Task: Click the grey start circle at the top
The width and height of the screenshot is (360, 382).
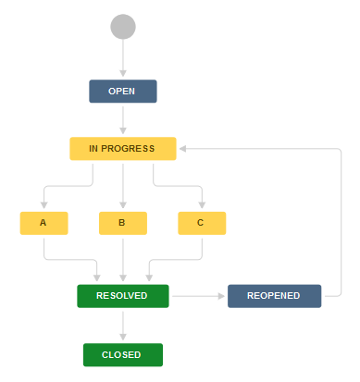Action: [x=123, y=27]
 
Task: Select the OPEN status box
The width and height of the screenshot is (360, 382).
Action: [x=123, y=92]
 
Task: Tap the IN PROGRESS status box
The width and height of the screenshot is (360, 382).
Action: [x=123, y=148]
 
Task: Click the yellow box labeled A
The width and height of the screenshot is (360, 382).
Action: [x=43, y=223]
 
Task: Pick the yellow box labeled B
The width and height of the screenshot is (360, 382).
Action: [x=123, y=223]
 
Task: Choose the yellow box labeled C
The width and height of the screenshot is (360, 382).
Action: [x=202, y=223]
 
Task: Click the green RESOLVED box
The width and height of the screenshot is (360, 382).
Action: [x=123, y=295]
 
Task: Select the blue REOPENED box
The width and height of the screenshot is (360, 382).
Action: [x=274, y=295]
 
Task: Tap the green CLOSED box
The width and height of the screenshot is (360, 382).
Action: [x=123, y=354]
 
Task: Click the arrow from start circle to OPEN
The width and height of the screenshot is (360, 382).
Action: [x=123, y=59]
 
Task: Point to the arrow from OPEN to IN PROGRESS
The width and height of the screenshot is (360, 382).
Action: [x=123, y=119]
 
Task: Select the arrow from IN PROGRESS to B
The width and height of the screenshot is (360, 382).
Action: [x=123, y=185]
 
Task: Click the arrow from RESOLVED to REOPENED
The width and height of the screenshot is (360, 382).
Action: [x=198, y=295]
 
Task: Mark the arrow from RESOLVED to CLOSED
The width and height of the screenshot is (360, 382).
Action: [x=123, y=325]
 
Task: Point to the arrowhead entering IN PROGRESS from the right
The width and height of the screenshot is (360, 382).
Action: [x=184, y=148]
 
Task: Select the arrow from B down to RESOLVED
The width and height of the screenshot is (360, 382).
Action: [x=123, y=259]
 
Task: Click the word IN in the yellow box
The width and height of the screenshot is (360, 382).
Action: [x=93, y=148]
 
